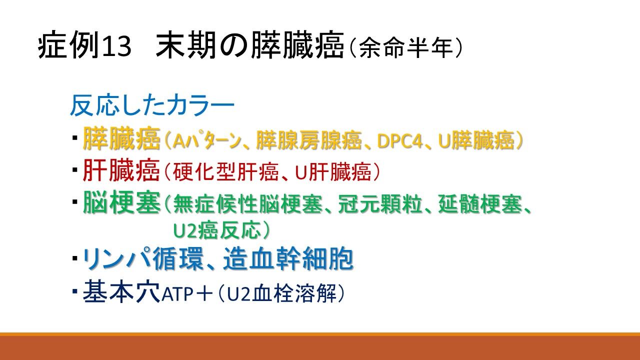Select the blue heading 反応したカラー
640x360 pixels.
[152, 105]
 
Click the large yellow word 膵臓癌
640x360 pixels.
[121, 138]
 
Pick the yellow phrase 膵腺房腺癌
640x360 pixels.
[309, 140]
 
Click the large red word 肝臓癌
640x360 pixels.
[121, 170]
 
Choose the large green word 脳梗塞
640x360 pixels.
[121, 202]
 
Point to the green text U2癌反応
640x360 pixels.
[217, 230]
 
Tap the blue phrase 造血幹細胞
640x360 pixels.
[288, 258]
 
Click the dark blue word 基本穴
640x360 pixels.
[121, 291]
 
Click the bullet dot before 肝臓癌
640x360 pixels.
[75, 170]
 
